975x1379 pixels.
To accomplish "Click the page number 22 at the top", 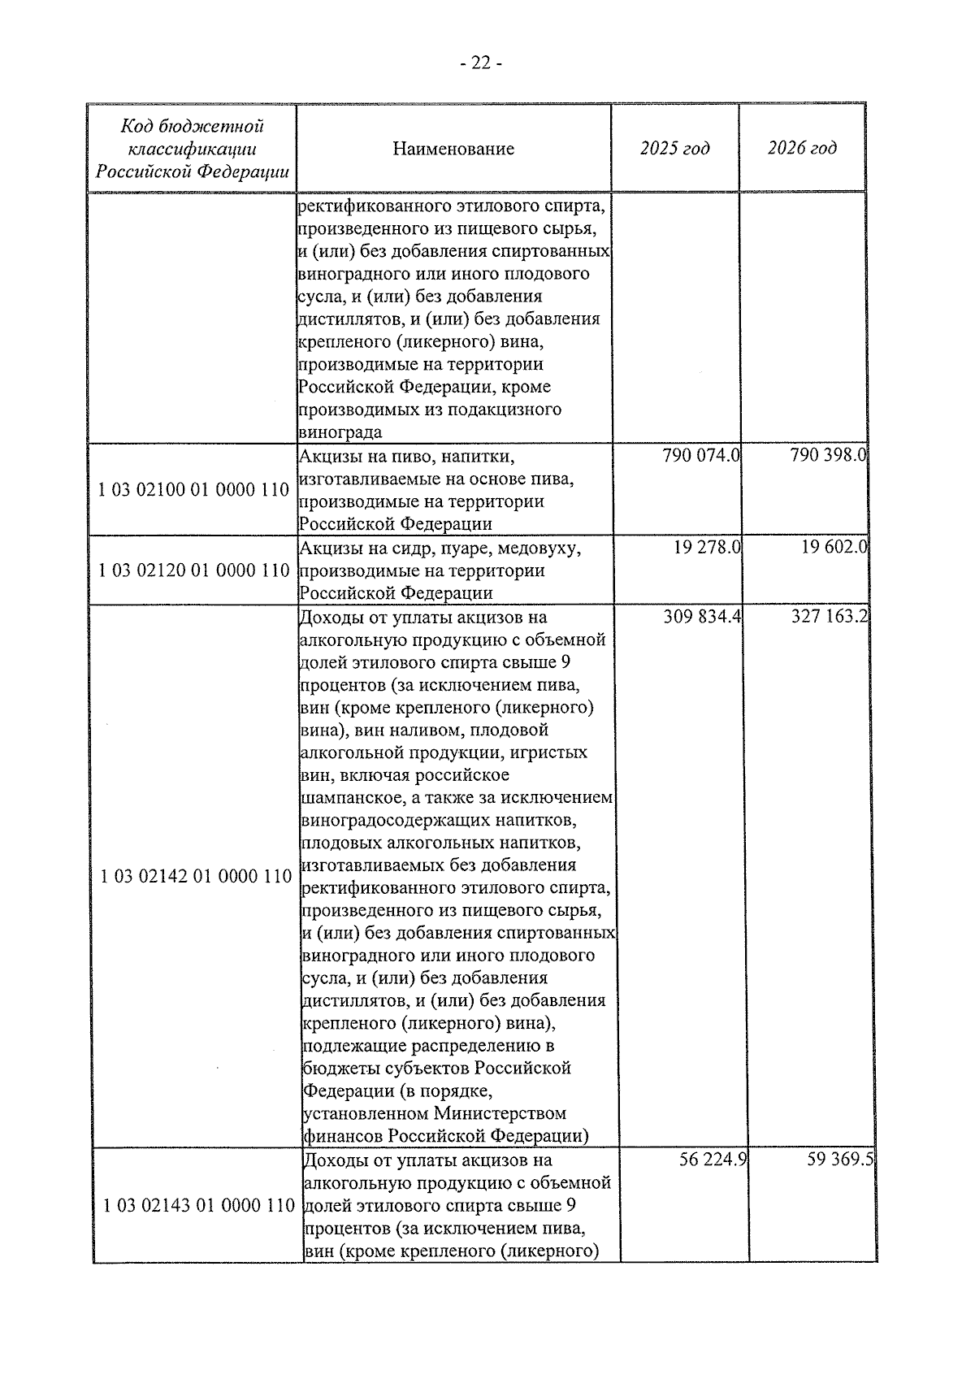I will pos(480,63).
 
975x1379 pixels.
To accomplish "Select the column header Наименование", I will pos(453,149).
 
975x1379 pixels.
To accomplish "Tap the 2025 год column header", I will pos(674,148).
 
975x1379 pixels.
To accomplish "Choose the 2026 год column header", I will pos(802,148).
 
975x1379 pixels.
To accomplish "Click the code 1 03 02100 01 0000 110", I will pos(193,490).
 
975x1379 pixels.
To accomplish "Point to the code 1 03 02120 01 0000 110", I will pos(193,570).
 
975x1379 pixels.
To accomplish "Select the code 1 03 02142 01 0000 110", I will pos(196,876).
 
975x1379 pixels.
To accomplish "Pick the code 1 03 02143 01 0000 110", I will pos(198,1205).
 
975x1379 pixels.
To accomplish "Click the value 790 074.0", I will pos(701,456).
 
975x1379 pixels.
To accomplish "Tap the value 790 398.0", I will pos(829,456).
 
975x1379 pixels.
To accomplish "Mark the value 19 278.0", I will pos(707,549).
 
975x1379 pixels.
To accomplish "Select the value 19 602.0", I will pos(834,549).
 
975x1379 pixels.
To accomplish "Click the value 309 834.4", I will pos(703,618).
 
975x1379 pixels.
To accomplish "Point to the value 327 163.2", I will pos(830,618).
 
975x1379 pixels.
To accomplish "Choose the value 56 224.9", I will pos(713,1160).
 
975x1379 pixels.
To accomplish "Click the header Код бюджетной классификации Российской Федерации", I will pos(193,149).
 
